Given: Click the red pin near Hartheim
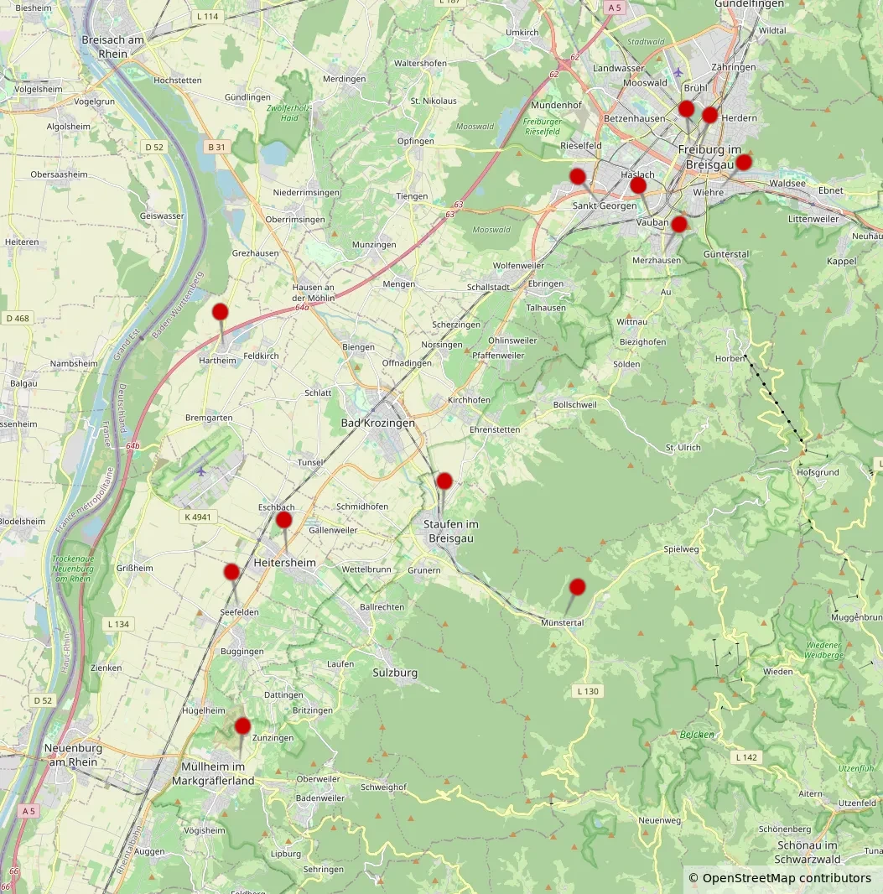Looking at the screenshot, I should [x=221, y=312].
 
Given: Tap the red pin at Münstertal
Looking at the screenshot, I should [x=578, y=587].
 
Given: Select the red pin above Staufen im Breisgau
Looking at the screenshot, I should [x=444, y=481].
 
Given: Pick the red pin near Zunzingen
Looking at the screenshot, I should [x=242, y=725].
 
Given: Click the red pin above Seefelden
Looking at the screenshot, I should [x=231, y=572].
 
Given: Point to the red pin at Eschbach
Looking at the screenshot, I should [x=284, y=520].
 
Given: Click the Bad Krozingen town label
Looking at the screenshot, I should [x=377, y=424].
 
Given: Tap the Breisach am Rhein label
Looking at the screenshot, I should [x=113, y=47].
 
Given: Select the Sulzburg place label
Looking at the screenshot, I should [x=395, y=673].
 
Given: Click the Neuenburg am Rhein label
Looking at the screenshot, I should [x=74, y=755].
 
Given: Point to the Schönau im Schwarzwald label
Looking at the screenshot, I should [x=808, y=852].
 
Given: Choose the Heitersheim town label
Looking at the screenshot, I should [x=284, y=562].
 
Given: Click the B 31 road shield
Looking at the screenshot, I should [x=216, y=147].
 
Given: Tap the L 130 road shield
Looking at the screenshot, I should [x=588, y=691].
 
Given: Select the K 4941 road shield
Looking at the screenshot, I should [x=198, y=517].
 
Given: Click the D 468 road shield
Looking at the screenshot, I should [x=18, y=318].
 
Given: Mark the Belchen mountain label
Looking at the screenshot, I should [x=698, y=735].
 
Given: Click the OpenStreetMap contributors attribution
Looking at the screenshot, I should [x=779, y=878].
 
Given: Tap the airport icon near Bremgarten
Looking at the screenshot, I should [x=201, y=470].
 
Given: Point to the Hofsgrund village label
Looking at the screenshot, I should [x=817, y=472].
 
